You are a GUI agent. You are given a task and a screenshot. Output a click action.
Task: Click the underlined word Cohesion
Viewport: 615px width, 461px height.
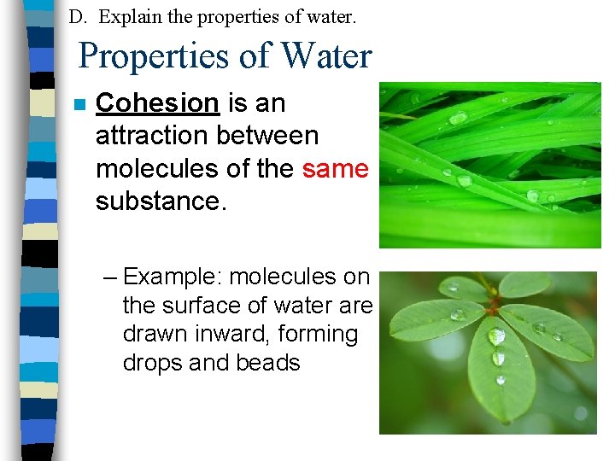[x=157, y=103]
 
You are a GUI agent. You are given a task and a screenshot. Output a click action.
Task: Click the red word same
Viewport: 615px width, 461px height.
[x=335, y=169]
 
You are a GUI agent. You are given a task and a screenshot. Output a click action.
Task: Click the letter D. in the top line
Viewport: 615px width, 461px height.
[x=77, y=16]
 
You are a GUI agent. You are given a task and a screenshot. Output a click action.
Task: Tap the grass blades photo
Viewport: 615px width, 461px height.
[x=489, y=164]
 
